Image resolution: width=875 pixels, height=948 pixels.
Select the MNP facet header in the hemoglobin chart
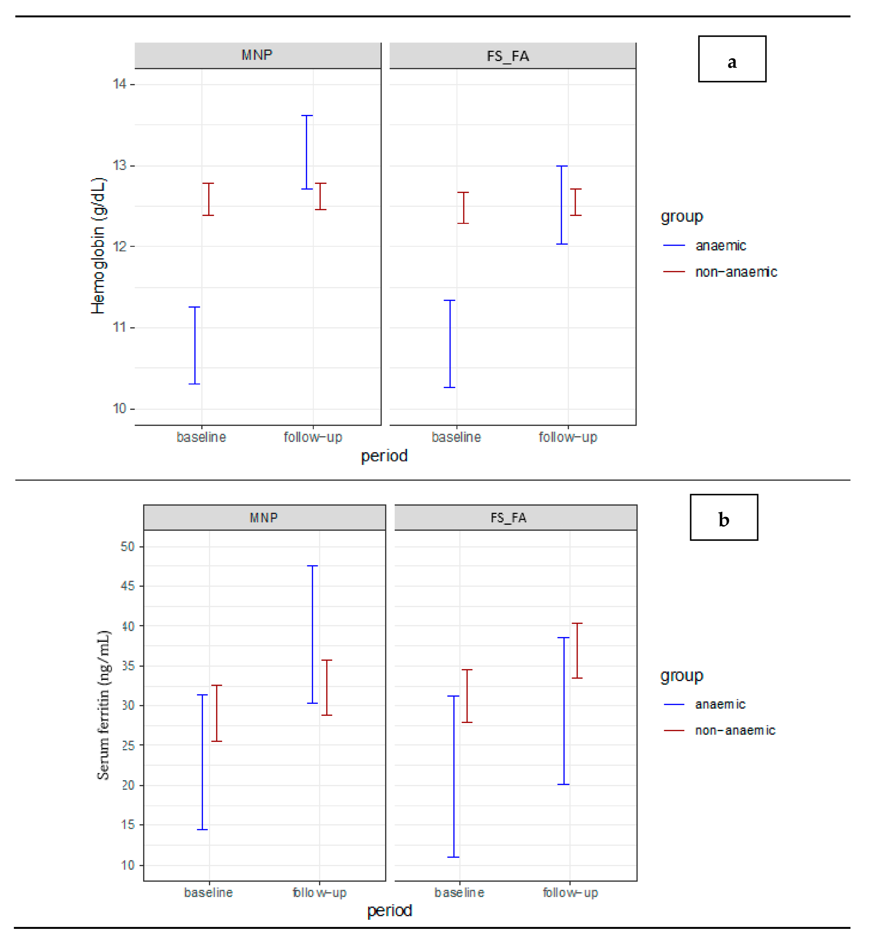pos(257,55)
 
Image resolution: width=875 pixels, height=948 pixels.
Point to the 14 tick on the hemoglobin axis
pos(120,84)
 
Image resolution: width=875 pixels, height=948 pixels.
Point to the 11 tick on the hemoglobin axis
pos(120,327)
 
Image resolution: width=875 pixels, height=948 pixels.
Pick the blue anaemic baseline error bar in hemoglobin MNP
pos(195,345)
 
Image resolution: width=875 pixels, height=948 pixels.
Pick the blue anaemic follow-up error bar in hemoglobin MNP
pos(307,152)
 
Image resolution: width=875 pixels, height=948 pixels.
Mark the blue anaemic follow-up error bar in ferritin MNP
pos(312,634)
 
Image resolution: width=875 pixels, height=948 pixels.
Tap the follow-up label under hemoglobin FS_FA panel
pos(568,437)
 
